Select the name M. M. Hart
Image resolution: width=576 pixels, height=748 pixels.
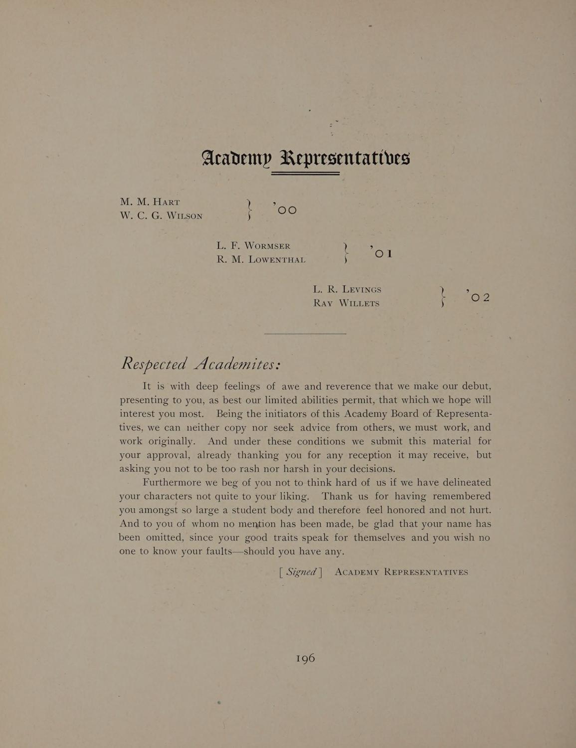(x=150, y=202)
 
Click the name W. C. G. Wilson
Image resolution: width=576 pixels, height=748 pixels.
(x=161, y=216)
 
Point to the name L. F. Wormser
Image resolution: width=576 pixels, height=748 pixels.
(x=253, y=246)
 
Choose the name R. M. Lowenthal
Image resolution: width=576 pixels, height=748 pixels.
(x=261, y=260)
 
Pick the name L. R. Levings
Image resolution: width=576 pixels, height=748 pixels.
(x=347, y=289)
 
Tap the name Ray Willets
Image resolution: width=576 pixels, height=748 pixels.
(x=346, y=303)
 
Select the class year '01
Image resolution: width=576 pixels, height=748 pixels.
(x=382, y=253)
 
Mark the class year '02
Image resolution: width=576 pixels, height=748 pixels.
(x=479, y=297)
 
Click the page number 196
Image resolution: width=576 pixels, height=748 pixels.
(x=305, y=658)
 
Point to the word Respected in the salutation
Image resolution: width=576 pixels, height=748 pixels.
(x=154, y=364)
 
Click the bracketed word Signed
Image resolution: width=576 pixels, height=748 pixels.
(x=301, y=572)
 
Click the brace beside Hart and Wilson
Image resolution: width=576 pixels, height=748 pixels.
(x=249, y=209)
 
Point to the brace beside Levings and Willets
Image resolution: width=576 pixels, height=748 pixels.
(x=442, y=297)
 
